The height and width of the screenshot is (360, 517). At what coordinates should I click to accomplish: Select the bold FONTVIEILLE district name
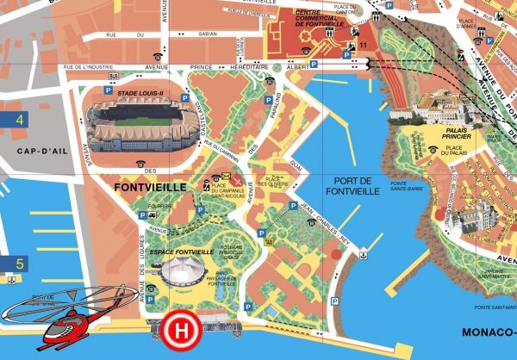(x=149, y=184)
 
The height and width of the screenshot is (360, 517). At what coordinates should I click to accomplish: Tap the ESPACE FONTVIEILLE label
(x=180, y=251)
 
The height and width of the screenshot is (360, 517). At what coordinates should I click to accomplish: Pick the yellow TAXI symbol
(x=270, y=242)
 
